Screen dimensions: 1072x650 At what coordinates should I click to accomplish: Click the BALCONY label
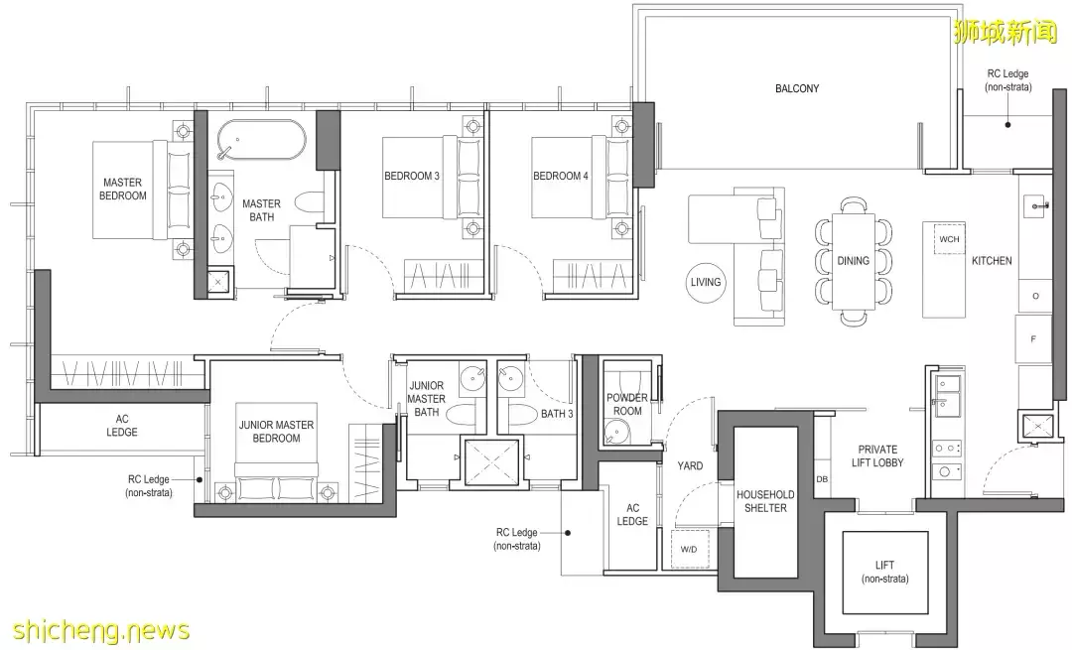[x=796, y=88]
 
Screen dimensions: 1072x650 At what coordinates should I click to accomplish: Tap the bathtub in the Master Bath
[x=261, y=140]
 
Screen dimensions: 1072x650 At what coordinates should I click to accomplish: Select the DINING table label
[x=854, y=260]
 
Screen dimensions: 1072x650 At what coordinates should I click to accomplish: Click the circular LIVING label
[x=706, y=282]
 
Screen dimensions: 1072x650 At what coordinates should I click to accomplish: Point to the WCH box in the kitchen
[x=949, y=239]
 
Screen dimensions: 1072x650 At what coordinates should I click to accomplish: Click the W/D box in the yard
[x=689, y=549]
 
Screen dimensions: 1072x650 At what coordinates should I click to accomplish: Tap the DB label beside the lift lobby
[x=822, y=479]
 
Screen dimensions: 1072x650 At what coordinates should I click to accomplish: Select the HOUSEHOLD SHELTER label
[x=765, y=501]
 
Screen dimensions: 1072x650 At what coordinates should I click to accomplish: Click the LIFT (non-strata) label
[x=884, y=572]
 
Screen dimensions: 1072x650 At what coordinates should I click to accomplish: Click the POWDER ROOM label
[x=627, y=404]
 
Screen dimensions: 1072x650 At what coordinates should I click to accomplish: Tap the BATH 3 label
[x=557, y=414]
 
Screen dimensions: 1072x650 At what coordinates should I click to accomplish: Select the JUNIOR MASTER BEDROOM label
[x=276, y=432]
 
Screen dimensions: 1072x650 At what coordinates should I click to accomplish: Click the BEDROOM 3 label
[x=412, y=176]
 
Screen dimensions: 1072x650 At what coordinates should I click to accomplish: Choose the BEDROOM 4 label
[x=561, y=176]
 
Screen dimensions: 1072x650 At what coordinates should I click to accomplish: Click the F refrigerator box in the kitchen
[x=1033, y=339]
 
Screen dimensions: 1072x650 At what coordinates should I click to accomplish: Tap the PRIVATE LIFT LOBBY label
[x=877, y=455]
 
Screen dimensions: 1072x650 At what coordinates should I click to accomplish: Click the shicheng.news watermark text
[x=101, y=629]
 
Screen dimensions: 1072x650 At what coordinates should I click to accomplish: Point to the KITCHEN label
[x=992, y=260]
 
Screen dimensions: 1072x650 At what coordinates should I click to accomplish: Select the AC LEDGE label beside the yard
[x=632, y=514]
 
